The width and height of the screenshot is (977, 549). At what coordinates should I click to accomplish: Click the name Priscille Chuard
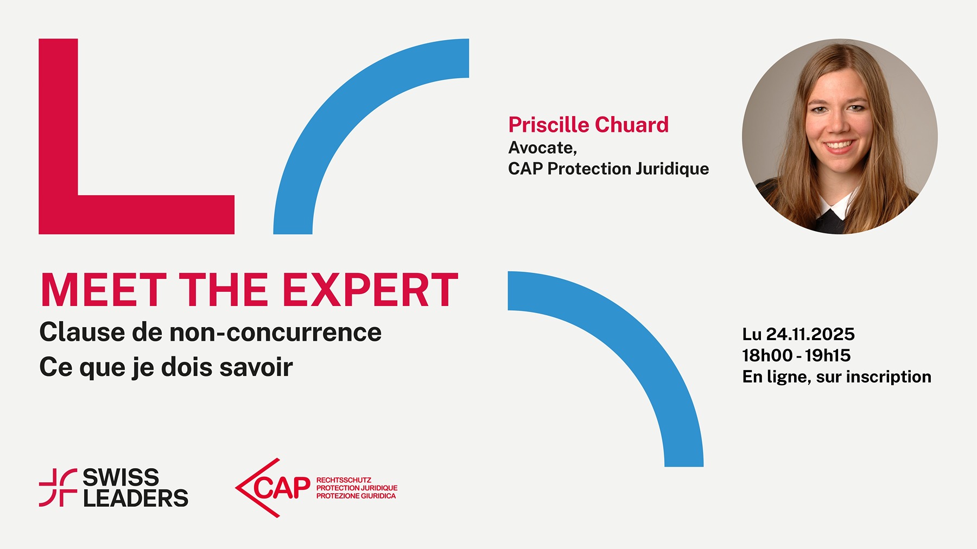(588, 125)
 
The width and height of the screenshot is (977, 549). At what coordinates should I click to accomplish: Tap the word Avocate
(541, 148)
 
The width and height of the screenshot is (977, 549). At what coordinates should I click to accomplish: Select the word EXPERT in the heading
(371, 290)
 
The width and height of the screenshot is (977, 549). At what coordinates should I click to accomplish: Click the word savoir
(256, 367)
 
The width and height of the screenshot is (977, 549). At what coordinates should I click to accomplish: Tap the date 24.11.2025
(810, 334)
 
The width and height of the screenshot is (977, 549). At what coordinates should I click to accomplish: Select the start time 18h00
(767, 355)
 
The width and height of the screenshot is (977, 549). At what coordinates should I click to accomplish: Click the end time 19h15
(828, 355)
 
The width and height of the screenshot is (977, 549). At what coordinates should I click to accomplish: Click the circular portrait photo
(840, 136)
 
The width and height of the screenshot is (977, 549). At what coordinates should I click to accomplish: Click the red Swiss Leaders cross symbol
(58, 488)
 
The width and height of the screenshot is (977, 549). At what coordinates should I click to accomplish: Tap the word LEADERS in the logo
(136, 498)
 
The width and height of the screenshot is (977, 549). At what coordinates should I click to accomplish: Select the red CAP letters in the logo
(281, 488)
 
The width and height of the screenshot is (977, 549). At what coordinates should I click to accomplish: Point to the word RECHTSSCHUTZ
(344, 480)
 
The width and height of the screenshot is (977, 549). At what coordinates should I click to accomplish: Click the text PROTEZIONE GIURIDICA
(356, 496)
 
